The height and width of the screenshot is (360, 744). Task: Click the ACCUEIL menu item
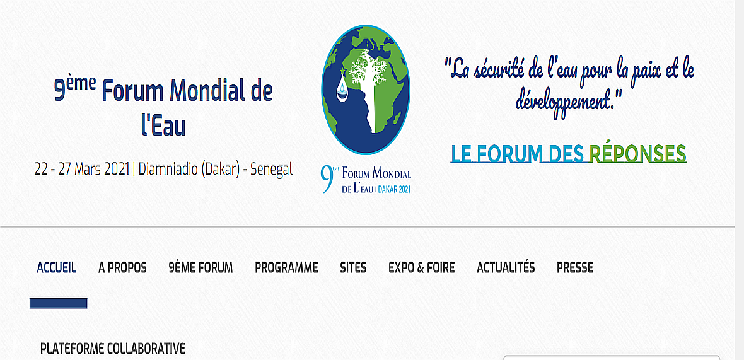[x=57, y=268]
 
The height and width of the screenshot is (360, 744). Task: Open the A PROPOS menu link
[x=122, y=268]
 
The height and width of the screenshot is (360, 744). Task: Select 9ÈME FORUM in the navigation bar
[x=201, y=268]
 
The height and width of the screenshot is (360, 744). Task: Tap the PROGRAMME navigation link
[x=286, y=268]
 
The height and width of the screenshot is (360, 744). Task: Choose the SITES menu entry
[x=353, y=268]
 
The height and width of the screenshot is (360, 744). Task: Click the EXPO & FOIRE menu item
[x=421, y=268]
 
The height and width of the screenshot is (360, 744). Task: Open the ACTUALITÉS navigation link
[x=506, y=267]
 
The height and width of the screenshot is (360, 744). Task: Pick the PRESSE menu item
[x=575, y=268]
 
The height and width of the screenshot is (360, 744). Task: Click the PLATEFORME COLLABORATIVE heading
[x=112, y=349]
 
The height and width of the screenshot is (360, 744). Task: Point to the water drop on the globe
[x=342, y=90]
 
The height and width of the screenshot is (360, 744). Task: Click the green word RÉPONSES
[x=637, y=153]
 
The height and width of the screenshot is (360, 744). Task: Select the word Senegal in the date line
[x=271, y=169]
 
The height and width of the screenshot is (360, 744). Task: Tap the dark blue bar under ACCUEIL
[x=59, y=303]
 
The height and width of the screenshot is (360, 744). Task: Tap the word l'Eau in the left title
[x=163, y=125]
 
